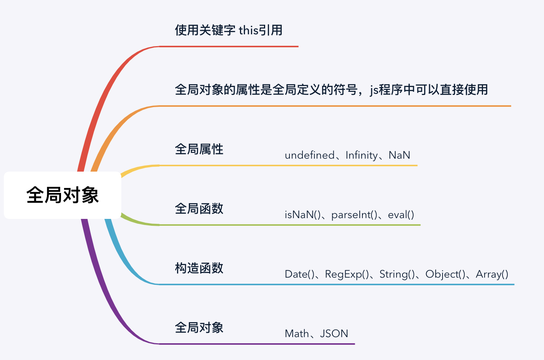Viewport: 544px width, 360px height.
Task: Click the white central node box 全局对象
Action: tap(63, 195)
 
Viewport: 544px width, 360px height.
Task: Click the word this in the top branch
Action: tap(249, 30)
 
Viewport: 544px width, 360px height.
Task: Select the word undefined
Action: tap(309, 155)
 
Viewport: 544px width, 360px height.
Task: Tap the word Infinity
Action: tap(362, 155)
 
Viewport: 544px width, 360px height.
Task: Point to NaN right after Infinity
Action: tap(399, 155)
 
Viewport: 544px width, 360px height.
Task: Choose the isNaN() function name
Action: tap(303, 215)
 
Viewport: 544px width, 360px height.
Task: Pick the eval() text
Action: tap(401, 215)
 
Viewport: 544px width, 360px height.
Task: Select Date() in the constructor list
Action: tap(299, 274)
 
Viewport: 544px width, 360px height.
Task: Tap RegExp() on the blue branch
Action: tap(347, 274)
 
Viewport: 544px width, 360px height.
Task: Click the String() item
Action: tap(397, 274)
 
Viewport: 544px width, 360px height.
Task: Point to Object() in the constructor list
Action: tap(445, 274)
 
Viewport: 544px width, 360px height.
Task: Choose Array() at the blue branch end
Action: tap(492, 274)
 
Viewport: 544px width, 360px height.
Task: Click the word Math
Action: tap(297, 334)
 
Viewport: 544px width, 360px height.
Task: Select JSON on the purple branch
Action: tap(334, 334)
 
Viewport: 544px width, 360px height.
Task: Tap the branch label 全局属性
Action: tap(199, 149)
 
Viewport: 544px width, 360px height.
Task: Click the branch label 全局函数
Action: tap(199, 209)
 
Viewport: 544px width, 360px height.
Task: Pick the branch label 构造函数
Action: tap(199, 268)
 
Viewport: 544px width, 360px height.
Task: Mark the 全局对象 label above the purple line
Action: tap(199, 328)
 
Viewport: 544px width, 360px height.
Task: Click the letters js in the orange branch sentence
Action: tap(374, 90)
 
